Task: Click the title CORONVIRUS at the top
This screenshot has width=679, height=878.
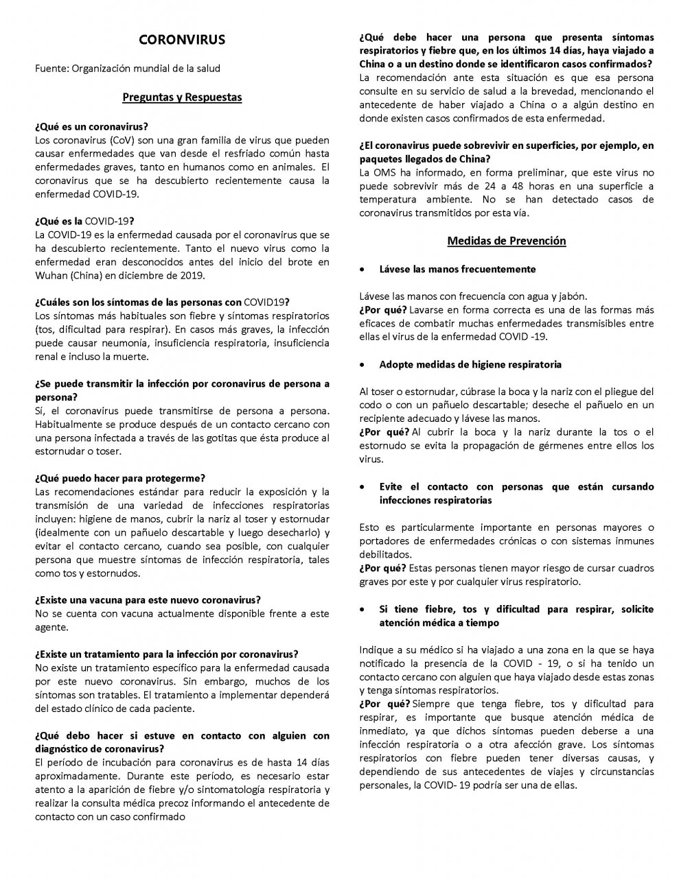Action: coord(181,40)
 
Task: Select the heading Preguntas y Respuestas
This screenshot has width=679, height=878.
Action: coord(182,97)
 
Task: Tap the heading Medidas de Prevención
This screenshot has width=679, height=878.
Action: coord(506,241)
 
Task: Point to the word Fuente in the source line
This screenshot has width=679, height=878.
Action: coord(51,69)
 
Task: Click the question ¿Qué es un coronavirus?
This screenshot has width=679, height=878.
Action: coord(91,127)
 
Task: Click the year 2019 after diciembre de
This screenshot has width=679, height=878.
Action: coord(193,276)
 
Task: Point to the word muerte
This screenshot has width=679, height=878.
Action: coord(133,357)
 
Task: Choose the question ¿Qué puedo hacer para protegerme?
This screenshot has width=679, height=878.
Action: coord(120,478)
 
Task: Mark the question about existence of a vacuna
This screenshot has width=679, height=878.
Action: coord(148,600)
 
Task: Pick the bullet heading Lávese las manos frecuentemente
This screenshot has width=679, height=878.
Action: coord(457,269)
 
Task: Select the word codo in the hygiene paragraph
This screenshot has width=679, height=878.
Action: coord(369,405)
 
